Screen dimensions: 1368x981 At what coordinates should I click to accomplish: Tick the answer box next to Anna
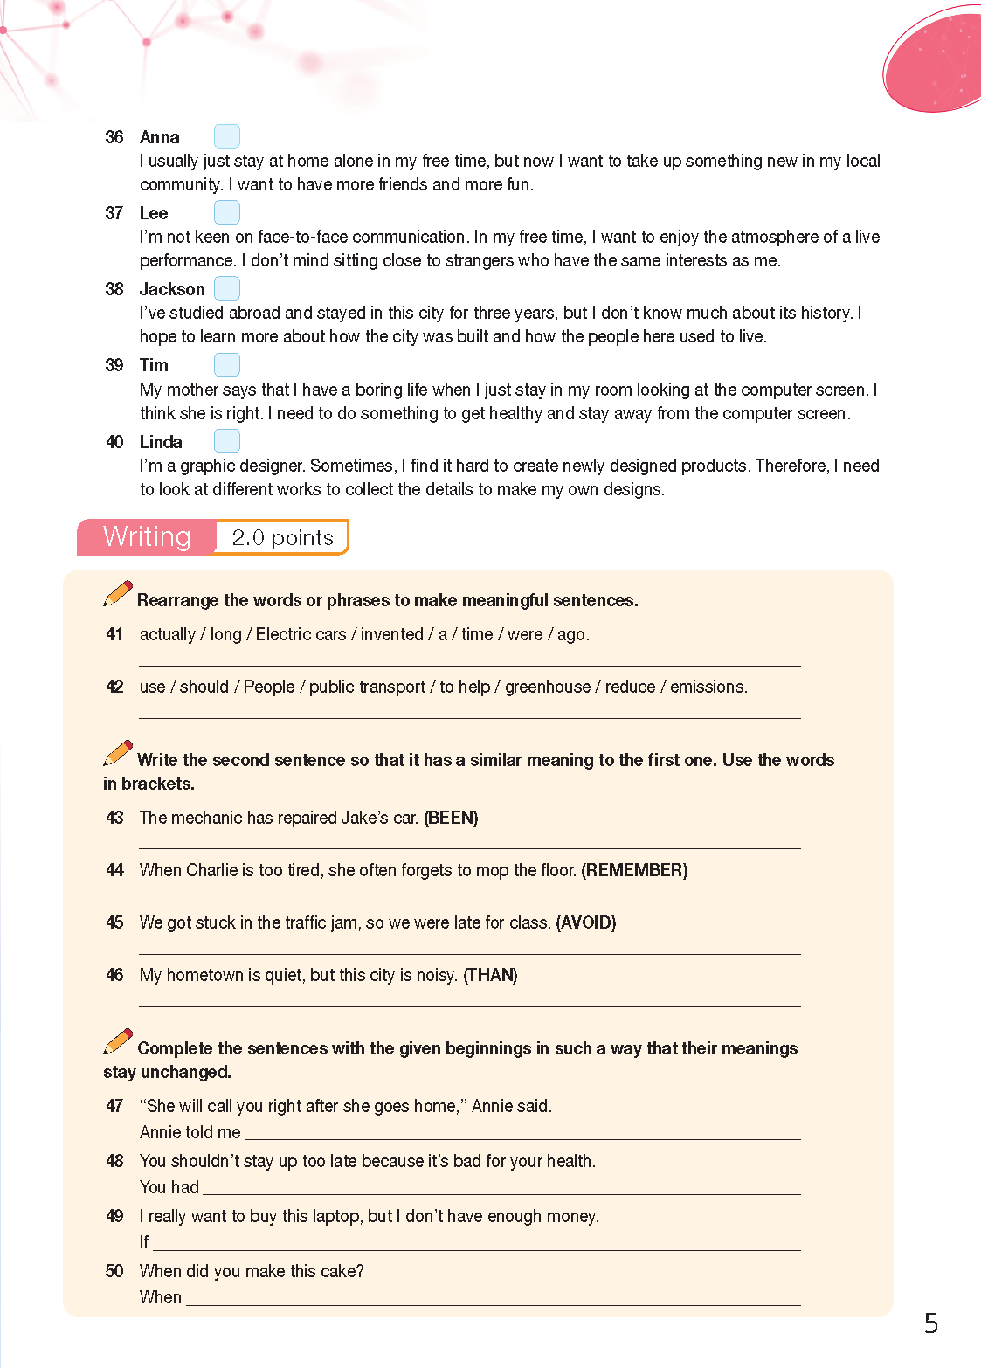pos(227,136)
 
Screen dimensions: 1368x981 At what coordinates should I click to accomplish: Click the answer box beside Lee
pos(227,212)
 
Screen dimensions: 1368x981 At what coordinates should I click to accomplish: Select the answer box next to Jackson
pos(227,288)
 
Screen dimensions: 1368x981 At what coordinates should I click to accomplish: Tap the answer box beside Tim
pos(227,364)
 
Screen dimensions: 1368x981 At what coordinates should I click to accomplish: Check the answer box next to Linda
pos(227,441)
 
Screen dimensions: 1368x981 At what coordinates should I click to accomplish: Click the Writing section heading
pos(147,536)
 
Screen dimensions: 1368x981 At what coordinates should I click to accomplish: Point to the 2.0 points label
pos(282,537)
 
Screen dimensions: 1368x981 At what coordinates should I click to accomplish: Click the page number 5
pos(931,1323)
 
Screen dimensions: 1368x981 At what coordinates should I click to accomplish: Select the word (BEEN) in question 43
pos(451,818)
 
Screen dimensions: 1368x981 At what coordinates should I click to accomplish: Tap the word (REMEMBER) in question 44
pos(634,870)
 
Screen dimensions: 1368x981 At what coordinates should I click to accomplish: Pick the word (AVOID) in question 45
pos(586,922)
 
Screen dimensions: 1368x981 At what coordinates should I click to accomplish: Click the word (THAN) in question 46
pos(490,975)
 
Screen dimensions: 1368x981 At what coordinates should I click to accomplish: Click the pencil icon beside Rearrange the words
pos(118,593)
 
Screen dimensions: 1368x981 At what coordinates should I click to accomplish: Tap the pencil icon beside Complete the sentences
pos(118,1041)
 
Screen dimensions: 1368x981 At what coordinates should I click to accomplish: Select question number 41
pos(114,634)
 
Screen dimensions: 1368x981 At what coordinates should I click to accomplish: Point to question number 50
pos(114,1271)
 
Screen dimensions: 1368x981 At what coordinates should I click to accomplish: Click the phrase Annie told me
pos(190,1132)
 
